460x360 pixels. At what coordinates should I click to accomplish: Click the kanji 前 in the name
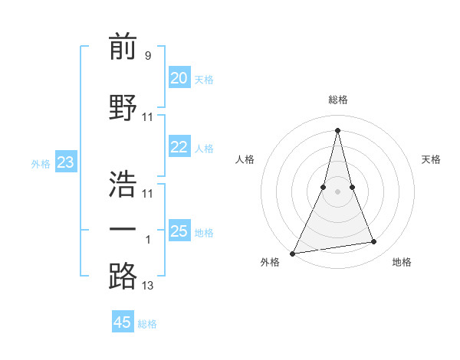(x=123, y=48)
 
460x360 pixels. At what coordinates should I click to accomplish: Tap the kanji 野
(x=123, y=107)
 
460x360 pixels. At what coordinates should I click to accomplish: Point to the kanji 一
(x=123, y=229)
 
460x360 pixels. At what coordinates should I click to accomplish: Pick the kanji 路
(x=123, y=277)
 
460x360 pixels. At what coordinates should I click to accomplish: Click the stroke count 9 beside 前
(x=147, y=55)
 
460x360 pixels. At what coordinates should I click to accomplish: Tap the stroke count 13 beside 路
(x=148, y=286)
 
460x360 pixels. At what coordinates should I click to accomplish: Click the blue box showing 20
(x=179, y=78)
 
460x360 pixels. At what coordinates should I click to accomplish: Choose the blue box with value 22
(x=179, y=148)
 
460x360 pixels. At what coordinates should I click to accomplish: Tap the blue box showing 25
(x=179, y=231)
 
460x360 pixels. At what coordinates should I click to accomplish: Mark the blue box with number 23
(x=65, y=162)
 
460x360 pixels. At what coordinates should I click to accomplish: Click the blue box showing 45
(x=123, y=322)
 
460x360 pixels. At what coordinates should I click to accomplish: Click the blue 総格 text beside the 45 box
(x=147, y=324)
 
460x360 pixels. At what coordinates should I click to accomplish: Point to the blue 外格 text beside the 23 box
(x=41, y=163)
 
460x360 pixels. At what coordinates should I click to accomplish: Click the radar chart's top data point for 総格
(x=337, y=130)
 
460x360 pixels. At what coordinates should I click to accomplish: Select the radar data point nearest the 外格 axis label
(x=293, y=253)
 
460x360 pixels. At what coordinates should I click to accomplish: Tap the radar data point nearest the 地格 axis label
(x=374, y=242)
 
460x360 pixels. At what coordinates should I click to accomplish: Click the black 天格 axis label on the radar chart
(x=431, y=159)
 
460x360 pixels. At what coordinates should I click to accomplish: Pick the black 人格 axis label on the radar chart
(x=245, y=159)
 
